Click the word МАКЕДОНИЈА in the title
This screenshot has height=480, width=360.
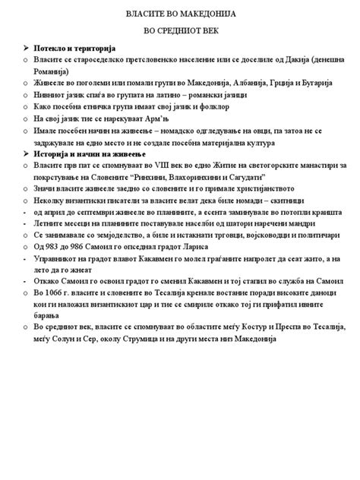click(223, 14)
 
